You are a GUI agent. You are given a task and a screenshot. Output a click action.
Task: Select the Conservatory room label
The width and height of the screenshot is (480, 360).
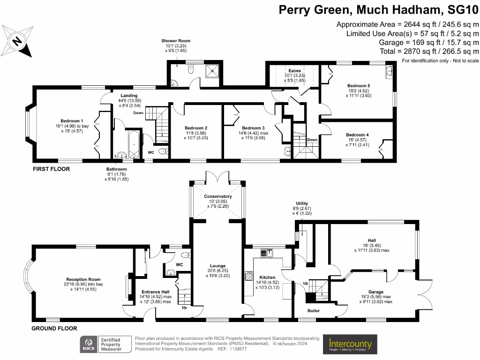[218, 196]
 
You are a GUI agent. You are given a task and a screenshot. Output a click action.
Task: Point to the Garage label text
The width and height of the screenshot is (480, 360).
[375, 292]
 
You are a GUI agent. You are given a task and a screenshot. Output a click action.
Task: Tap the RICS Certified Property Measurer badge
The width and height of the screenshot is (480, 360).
[102, 345]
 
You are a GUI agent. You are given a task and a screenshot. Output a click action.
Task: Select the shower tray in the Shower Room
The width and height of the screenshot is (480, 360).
[213, 71]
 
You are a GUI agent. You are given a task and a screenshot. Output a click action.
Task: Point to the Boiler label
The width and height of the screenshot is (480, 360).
[314, 310]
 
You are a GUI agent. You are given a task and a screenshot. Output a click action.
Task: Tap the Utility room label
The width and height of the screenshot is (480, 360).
[302, 203]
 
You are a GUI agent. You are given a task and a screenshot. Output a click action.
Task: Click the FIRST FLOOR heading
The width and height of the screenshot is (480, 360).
[51, 169]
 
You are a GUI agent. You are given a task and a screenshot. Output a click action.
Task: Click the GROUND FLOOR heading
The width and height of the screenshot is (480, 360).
[54, 329]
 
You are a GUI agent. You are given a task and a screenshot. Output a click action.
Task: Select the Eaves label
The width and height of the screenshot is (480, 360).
[295, 71]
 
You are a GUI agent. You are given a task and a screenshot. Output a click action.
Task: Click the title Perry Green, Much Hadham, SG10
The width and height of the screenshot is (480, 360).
[379, 9]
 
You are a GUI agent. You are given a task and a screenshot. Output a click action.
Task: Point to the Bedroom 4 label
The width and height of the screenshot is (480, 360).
[357, 135]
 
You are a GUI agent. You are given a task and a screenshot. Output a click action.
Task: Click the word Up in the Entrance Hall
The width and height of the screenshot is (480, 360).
[184, 308]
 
